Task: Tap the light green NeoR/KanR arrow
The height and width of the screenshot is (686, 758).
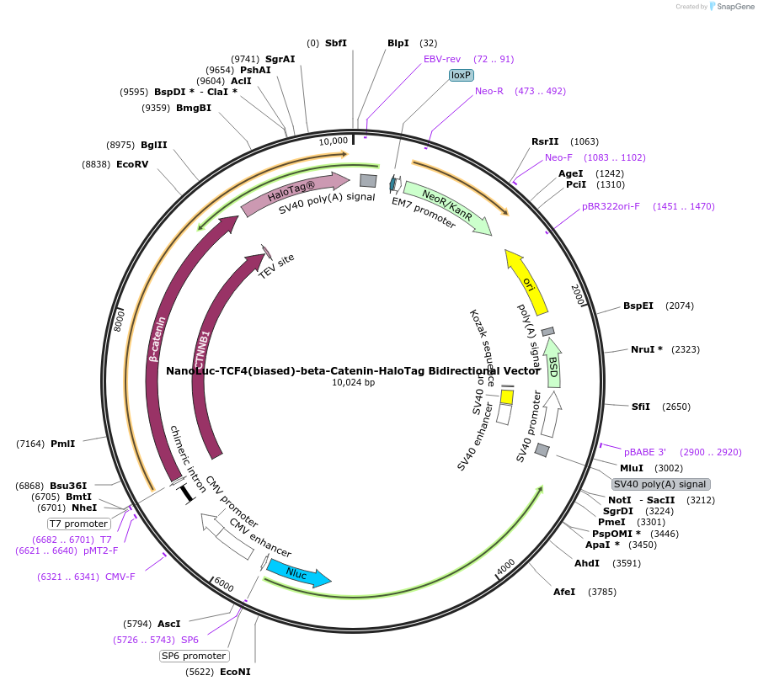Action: [446, 207]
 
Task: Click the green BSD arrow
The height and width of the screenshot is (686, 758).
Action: [553, 363]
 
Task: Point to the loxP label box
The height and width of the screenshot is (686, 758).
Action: [461, 75]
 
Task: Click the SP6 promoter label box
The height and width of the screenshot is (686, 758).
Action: [195, 656]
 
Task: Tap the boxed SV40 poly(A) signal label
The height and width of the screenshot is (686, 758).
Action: [660, 484]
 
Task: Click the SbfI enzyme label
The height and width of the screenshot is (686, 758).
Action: [336, 42]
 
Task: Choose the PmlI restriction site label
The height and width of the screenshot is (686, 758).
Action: [62, 443]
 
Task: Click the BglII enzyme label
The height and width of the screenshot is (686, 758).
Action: [154, 145]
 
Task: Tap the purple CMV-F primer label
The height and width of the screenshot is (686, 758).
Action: [120, 577]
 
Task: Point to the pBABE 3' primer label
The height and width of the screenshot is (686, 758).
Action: [645, 452]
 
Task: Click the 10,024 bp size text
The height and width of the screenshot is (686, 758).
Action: [354, 383]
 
